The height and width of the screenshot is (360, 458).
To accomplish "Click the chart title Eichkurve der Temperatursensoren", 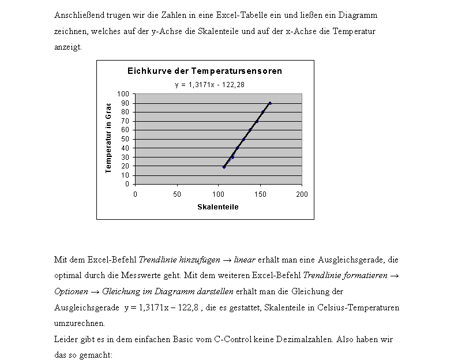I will click(205, 72).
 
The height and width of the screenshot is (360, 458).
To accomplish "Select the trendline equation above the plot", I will click(205, 85).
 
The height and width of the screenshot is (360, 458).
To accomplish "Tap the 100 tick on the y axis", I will click(123, 94).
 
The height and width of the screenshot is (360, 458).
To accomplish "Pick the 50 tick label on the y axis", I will click(125, 139).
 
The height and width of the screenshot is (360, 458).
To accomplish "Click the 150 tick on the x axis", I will click(260, 194).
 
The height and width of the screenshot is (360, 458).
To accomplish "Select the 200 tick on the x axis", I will click(302, 194).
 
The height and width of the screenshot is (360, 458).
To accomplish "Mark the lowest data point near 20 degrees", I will click(224, 167).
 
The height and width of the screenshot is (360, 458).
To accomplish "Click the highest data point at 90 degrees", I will click(269, 103).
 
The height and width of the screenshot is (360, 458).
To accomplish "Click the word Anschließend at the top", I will click(76, 15).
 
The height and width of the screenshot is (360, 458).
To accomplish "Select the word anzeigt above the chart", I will click(67, 47).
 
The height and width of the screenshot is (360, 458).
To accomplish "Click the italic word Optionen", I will click(72, 291).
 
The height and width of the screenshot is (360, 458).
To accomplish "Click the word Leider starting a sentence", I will click(65, 339).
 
